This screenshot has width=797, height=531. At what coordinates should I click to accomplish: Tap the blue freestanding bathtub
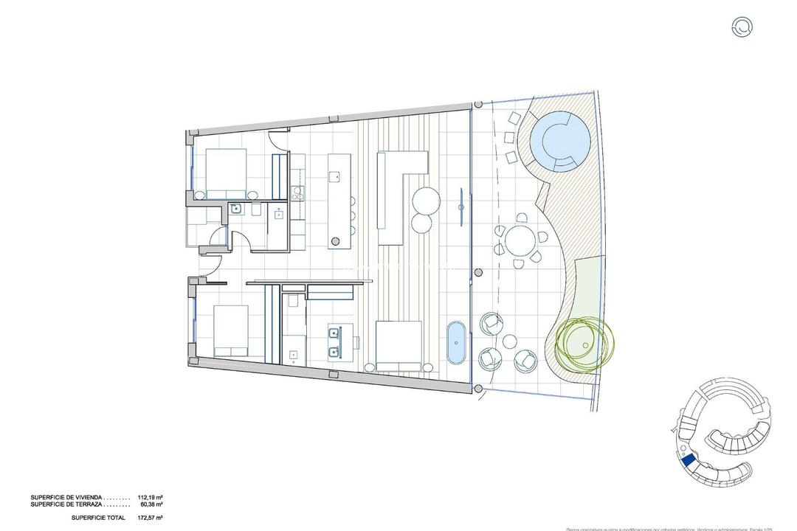click(x=457, y=344)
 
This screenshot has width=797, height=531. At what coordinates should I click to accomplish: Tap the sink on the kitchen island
click(x=334, y=176)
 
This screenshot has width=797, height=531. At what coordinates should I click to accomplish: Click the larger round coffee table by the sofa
click(x=426, y=200)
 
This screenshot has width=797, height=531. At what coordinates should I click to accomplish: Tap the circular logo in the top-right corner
click(x=742, y=27)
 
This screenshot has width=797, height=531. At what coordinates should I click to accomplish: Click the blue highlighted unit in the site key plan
click(x=689, y=461)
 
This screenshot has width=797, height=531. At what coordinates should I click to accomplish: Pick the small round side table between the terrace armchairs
click(x=508, y=341)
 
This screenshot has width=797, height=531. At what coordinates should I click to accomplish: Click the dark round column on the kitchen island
click(x=336, y=240)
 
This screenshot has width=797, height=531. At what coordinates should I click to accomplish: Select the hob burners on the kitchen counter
click(x=299, y=193)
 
